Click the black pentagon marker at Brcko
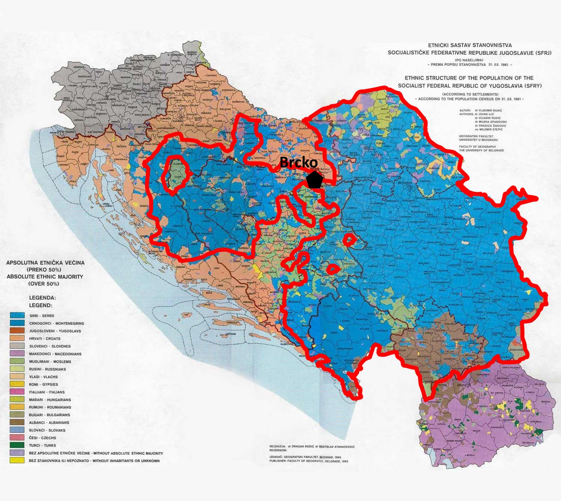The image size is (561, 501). coord(315,180)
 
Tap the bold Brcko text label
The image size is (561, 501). coord(299,163)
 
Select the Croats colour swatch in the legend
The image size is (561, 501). coord(17,338)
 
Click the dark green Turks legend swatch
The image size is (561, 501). coord(17,445)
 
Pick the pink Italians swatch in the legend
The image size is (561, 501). coord(17,392)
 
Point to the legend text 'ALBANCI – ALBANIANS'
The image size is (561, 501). coord(49,423)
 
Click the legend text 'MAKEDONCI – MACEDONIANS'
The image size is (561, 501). coord(55,354)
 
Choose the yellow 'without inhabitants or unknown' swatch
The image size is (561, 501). coord(17,460)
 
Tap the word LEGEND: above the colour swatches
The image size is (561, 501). coord(41,305)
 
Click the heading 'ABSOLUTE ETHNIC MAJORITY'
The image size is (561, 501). coord(45,277)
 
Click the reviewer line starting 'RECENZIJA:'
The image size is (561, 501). coord(312,446)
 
